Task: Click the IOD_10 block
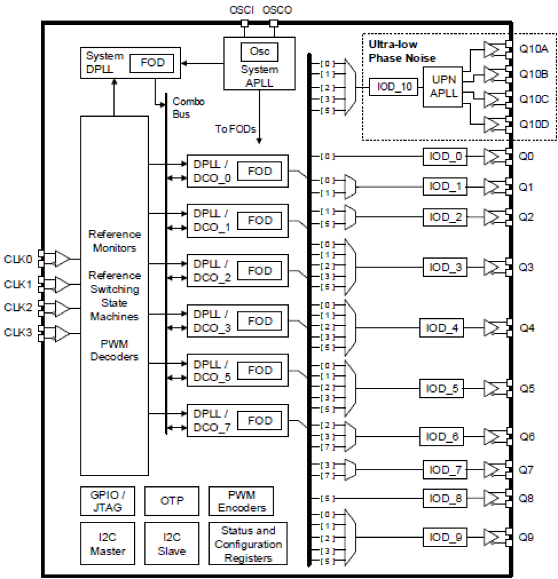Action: pos(394,87)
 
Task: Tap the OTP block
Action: pos(171,501)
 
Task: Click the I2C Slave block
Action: pos(171,544)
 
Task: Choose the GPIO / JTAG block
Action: pos(108,501)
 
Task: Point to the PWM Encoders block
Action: pos(241,501)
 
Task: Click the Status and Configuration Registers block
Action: pos(248,544)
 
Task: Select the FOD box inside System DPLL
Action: pos(152,63)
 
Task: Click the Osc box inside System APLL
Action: pos(259,51)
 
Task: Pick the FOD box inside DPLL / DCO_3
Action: pos(259,321)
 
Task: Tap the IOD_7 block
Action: pos(445,469)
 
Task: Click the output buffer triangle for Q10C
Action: pos(491,99)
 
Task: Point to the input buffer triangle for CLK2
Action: pos(62,308)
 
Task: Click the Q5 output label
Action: pos(527,389)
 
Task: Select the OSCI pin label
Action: pos(241,10)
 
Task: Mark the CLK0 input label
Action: pos(18,259)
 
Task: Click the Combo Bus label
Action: pos(188,108)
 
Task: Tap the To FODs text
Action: pos(235,129)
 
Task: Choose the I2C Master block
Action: pos(108,544)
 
